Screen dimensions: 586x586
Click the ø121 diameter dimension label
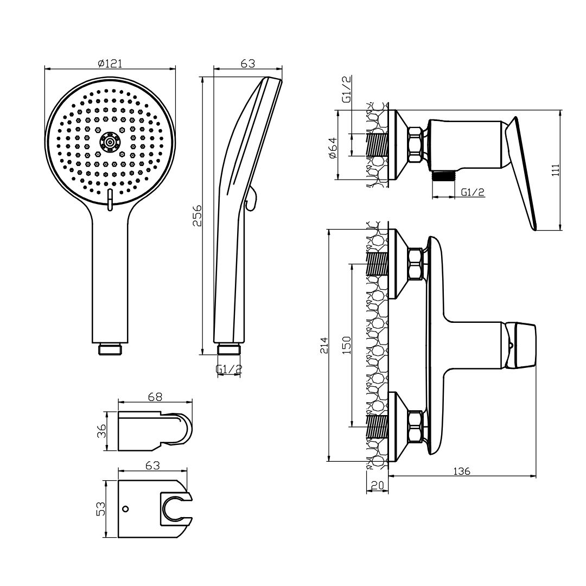click(x=110, y=63)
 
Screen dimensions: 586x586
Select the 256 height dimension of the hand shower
click(x=196, y=215)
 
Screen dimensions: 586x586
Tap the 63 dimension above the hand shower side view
click(x=247, y=63)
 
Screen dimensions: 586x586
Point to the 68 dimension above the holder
click(x=155, y=397)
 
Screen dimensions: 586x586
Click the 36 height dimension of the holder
click(x=101, y=431)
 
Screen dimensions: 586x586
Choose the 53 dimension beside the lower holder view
click(x=101, y=509)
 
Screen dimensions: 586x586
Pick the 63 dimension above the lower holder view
click(x=152, y=466)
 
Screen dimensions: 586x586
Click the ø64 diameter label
click(x=332, y=148)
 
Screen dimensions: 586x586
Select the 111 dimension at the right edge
click(x=556, y=170)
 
